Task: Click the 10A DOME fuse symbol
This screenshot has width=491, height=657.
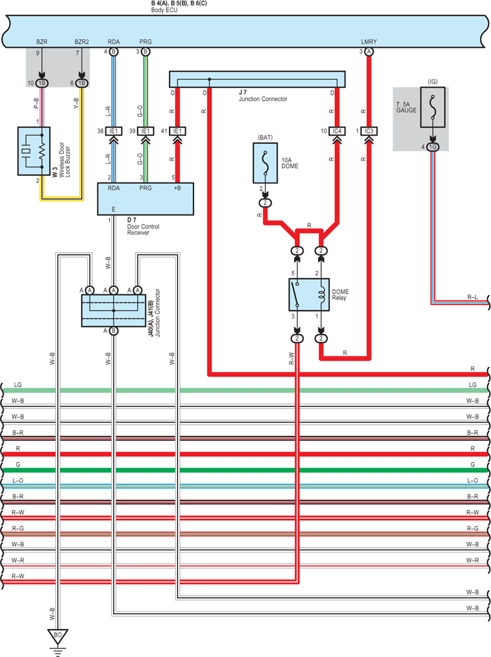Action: pyautogui.click(x=265, y=163)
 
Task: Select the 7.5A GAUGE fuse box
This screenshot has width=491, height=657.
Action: pyautogui.click(x=433, y=107)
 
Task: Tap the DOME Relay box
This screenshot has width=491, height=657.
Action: pyautogui.click(x=309, y=294)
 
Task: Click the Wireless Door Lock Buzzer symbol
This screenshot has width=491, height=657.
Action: pyautogui.click(x=34, y=151)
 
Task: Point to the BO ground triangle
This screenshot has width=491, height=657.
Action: pyautogui.click(x=57, y=636)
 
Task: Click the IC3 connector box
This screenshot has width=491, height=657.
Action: pyautogui.click(x=369, y=131)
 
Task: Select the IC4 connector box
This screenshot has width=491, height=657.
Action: pyautogui.click(x=337, y=131)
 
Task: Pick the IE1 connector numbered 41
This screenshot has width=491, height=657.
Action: pyautogui.click(x=177, y=131)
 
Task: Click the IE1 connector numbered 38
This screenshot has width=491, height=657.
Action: pyautogui.click(x=114, y=131)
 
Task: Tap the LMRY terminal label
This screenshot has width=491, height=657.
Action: pyautogui.click(x=369, y=42)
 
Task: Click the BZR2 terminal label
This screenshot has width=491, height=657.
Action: pyautogui.click(x=82, y=42)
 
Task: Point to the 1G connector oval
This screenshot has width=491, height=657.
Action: pyautogui.click(x=433, y=147)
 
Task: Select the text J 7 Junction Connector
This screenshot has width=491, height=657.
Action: pyautogui.click(x=263, y=95)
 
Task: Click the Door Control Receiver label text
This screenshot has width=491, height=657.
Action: pyautogui.click(x=143, y=230)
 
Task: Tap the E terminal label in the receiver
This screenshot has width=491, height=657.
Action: pyautogui.click(x=114, y=209)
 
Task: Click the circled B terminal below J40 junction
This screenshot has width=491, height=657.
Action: pyautogui.click(x=114, y=331)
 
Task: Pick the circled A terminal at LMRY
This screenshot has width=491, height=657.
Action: pyautogui.click(x=369, y=52)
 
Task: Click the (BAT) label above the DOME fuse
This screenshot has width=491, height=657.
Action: pyautogui.click(x=265, y=138)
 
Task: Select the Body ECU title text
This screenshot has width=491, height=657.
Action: pyautogui.click(x=164, y=10)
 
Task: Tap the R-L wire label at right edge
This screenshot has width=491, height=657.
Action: pyautogui.click(x=472, y=297)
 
